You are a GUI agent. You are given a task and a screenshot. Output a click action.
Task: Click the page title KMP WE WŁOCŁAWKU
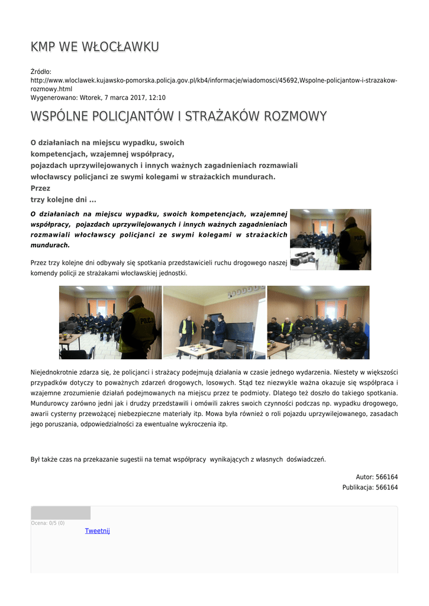point(95,47)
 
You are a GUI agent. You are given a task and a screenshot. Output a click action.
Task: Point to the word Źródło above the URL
point(41,72)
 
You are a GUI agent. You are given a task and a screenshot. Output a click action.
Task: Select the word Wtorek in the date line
point(89,98)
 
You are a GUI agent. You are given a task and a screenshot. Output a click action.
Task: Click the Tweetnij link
point(98,531)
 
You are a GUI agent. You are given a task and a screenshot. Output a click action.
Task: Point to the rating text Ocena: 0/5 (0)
point(48,523)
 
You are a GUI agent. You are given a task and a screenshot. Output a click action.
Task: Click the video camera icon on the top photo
point(302,259)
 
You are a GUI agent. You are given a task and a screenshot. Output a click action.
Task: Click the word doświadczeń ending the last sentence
point(306,459)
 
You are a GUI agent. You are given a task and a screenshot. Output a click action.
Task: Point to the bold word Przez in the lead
point(40,188)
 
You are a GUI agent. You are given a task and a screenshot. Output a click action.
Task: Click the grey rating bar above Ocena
point(60,512)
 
